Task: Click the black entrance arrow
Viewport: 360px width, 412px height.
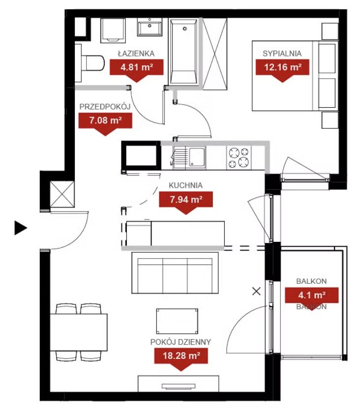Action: coord(21,228)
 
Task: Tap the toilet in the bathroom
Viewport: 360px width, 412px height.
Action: coord(90,63)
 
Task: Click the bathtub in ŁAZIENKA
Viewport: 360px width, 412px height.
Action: coord(183,52)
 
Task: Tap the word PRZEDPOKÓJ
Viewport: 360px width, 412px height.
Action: coord(105,107)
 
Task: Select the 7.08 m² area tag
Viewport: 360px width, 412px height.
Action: coord(105,124)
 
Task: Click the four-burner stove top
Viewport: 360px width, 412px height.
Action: coord(239,158)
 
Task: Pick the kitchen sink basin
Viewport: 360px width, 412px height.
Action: coord(197,157)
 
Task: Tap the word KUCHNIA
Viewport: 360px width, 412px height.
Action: coord(185,185)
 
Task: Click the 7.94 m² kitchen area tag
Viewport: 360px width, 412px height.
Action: coord(186,203)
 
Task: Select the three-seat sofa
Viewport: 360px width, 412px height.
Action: coord(175,273)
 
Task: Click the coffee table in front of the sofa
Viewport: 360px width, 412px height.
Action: coord(177,322)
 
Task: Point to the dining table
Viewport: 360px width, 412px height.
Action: coord(79,332)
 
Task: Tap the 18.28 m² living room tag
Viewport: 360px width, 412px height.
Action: coord(181,359)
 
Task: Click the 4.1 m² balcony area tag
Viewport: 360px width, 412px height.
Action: coord(312,298)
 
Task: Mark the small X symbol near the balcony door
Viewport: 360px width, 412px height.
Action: coord(256,291)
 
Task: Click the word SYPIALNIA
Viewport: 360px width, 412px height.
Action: coord(282,54)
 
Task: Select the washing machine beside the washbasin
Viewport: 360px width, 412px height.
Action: coord(113,30)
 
